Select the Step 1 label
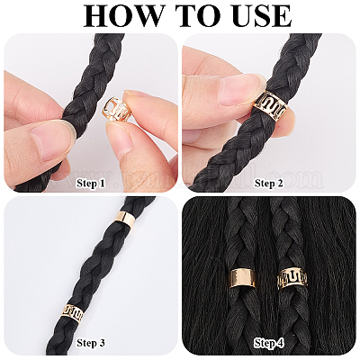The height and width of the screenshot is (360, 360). tap(91, 183)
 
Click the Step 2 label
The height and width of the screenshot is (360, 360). tap(268, 183)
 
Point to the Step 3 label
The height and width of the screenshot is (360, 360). tap(91, 343)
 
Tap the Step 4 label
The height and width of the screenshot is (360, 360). tap(268, 343)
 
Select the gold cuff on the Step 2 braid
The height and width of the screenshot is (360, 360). tap(270, 107)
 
